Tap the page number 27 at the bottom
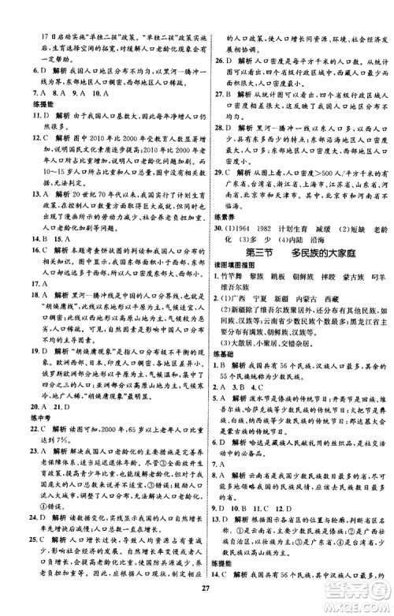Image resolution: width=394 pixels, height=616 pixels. click(x=197, y=605)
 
